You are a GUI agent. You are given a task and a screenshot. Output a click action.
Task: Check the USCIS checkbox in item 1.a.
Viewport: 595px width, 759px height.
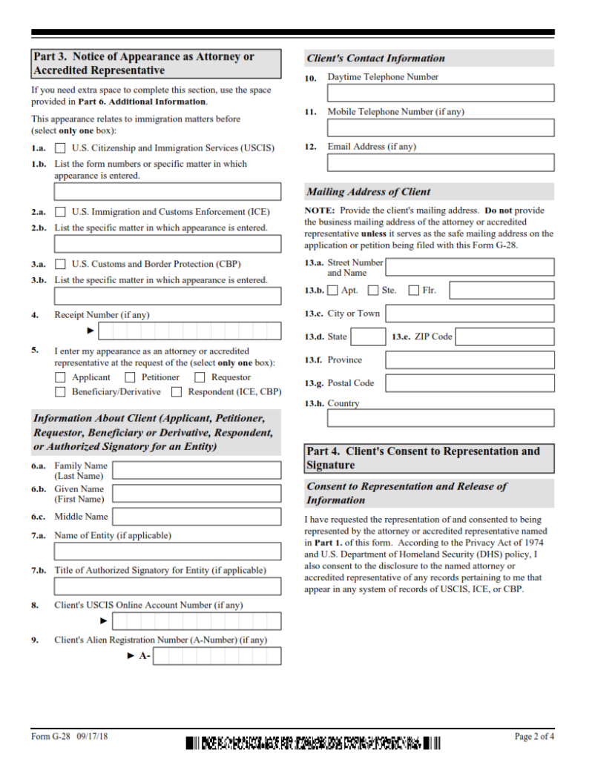(60, 148)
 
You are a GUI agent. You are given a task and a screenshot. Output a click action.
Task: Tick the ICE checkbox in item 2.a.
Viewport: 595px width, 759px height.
(60, 212)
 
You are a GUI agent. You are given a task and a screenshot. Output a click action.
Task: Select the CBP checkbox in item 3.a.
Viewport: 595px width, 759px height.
(60, 264)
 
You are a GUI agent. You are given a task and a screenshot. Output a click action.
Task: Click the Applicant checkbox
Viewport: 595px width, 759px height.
(60, 377)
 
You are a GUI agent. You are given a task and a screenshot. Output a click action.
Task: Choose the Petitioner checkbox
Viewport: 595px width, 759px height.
(130, 377)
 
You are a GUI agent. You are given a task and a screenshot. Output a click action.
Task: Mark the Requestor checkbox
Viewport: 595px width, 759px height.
(200, 377)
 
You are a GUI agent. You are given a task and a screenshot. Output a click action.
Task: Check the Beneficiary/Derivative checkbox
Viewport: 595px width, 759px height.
(60, 392)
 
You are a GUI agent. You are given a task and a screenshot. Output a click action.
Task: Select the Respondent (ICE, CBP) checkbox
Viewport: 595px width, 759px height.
(177, 392)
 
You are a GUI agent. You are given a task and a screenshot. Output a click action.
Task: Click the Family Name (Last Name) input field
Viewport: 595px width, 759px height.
(197, 471)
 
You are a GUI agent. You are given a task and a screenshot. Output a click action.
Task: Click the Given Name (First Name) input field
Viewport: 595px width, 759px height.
(197, 494)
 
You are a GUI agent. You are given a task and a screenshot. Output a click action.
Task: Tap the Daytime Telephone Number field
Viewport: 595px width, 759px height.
(441, 93)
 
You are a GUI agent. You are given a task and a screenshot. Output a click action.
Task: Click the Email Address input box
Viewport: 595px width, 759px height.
(441, 162)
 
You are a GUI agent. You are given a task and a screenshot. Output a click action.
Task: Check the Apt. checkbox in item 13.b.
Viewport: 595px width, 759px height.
(332, 291)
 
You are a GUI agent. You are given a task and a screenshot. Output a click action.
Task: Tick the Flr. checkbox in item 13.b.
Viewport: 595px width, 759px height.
(414, 291)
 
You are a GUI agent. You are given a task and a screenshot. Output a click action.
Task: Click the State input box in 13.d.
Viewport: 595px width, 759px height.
(367, 337)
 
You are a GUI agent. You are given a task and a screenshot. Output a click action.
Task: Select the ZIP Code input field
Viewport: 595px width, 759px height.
(504, 337)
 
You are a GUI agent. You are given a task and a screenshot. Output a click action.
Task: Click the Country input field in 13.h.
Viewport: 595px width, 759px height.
(441, 418)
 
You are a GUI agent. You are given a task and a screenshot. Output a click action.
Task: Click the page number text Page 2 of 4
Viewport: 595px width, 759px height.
(534, 737)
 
